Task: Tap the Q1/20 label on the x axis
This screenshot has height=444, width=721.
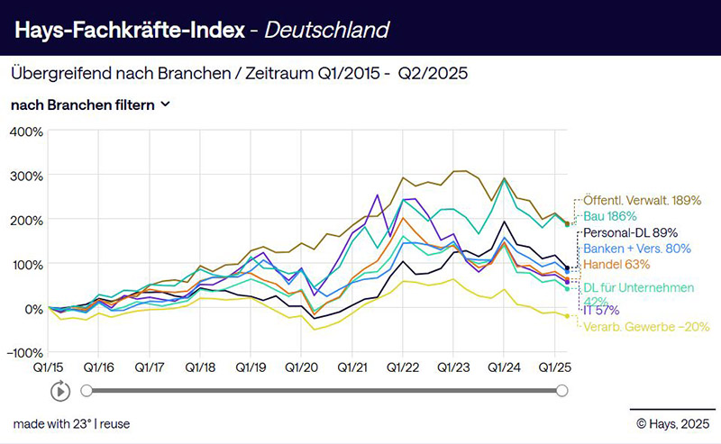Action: click(302, 367)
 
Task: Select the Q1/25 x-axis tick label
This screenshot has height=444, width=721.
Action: click(556, 367)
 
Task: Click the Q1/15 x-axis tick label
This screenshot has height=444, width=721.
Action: click(50, 367)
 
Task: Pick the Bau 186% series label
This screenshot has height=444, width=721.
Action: click(610, 216)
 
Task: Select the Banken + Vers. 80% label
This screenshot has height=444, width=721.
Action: click(637, 248)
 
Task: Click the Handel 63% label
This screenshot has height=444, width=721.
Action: click(616, 264)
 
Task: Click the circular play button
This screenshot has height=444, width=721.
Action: click(60, 391)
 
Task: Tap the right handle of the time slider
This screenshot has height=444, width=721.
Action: click(562, 391)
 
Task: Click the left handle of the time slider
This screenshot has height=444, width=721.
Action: click(87, 391)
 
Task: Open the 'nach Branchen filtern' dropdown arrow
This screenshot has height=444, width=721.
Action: click(165, 104)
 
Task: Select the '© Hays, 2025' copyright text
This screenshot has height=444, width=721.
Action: click(671, 423)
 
